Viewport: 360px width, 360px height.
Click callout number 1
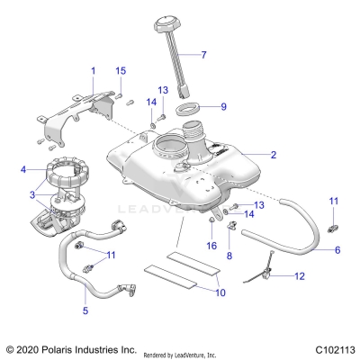(92, 69)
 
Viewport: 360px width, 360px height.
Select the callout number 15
(121, 70)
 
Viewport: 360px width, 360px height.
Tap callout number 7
(203, 55)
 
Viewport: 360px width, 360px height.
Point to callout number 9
(223, 106)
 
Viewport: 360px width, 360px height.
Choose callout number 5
(85, 310)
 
